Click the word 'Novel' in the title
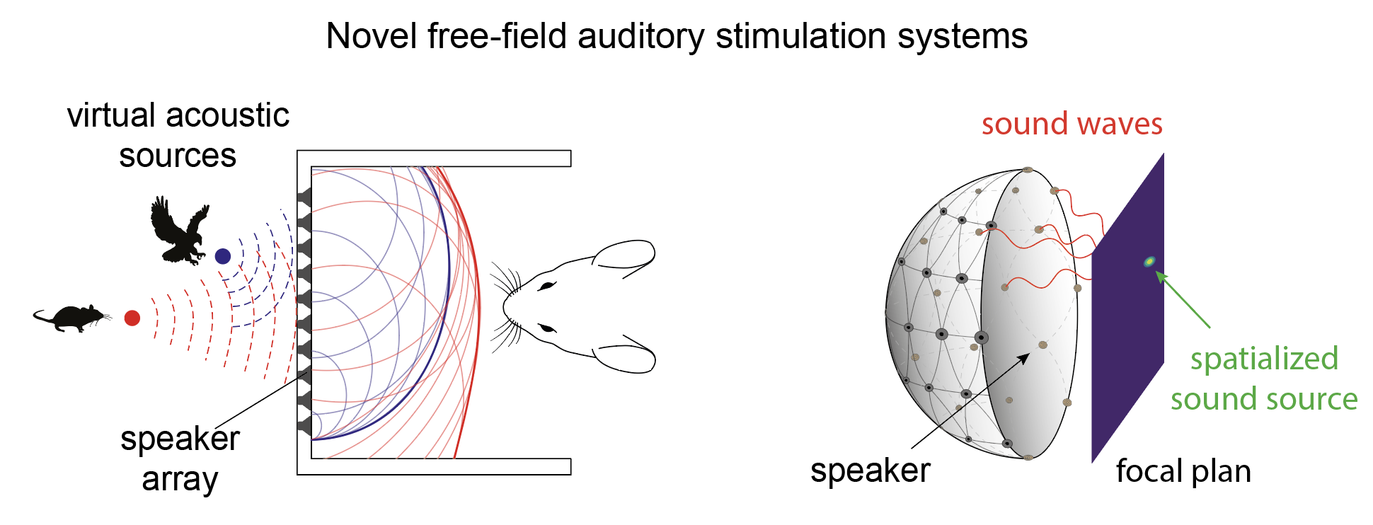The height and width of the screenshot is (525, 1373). click(372, 36)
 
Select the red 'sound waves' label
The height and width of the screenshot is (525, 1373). click(1072, 124)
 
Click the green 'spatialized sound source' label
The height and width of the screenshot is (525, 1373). click(1264, 379)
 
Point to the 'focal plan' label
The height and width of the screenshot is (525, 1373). click(1183, 471)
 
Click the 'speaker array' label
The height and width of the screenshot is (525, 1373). click(180, 458)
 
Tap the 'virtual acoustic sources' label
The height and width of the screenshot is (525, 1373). click(178, 135)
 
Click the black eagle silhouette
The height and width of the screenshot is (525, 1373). click(178, 231)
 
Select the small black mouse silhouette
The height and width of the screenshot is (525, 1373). click(71, 318)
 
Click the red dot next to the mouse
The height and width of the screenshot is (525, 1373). click(132, 318)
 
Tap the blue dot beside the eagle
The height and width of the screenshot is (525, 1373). click(223, 256)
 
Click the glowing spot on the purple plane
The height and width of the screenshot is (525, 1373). click(1149, 262)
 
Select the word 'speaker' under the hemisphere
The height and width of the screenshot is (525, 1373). click(870, 471)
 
